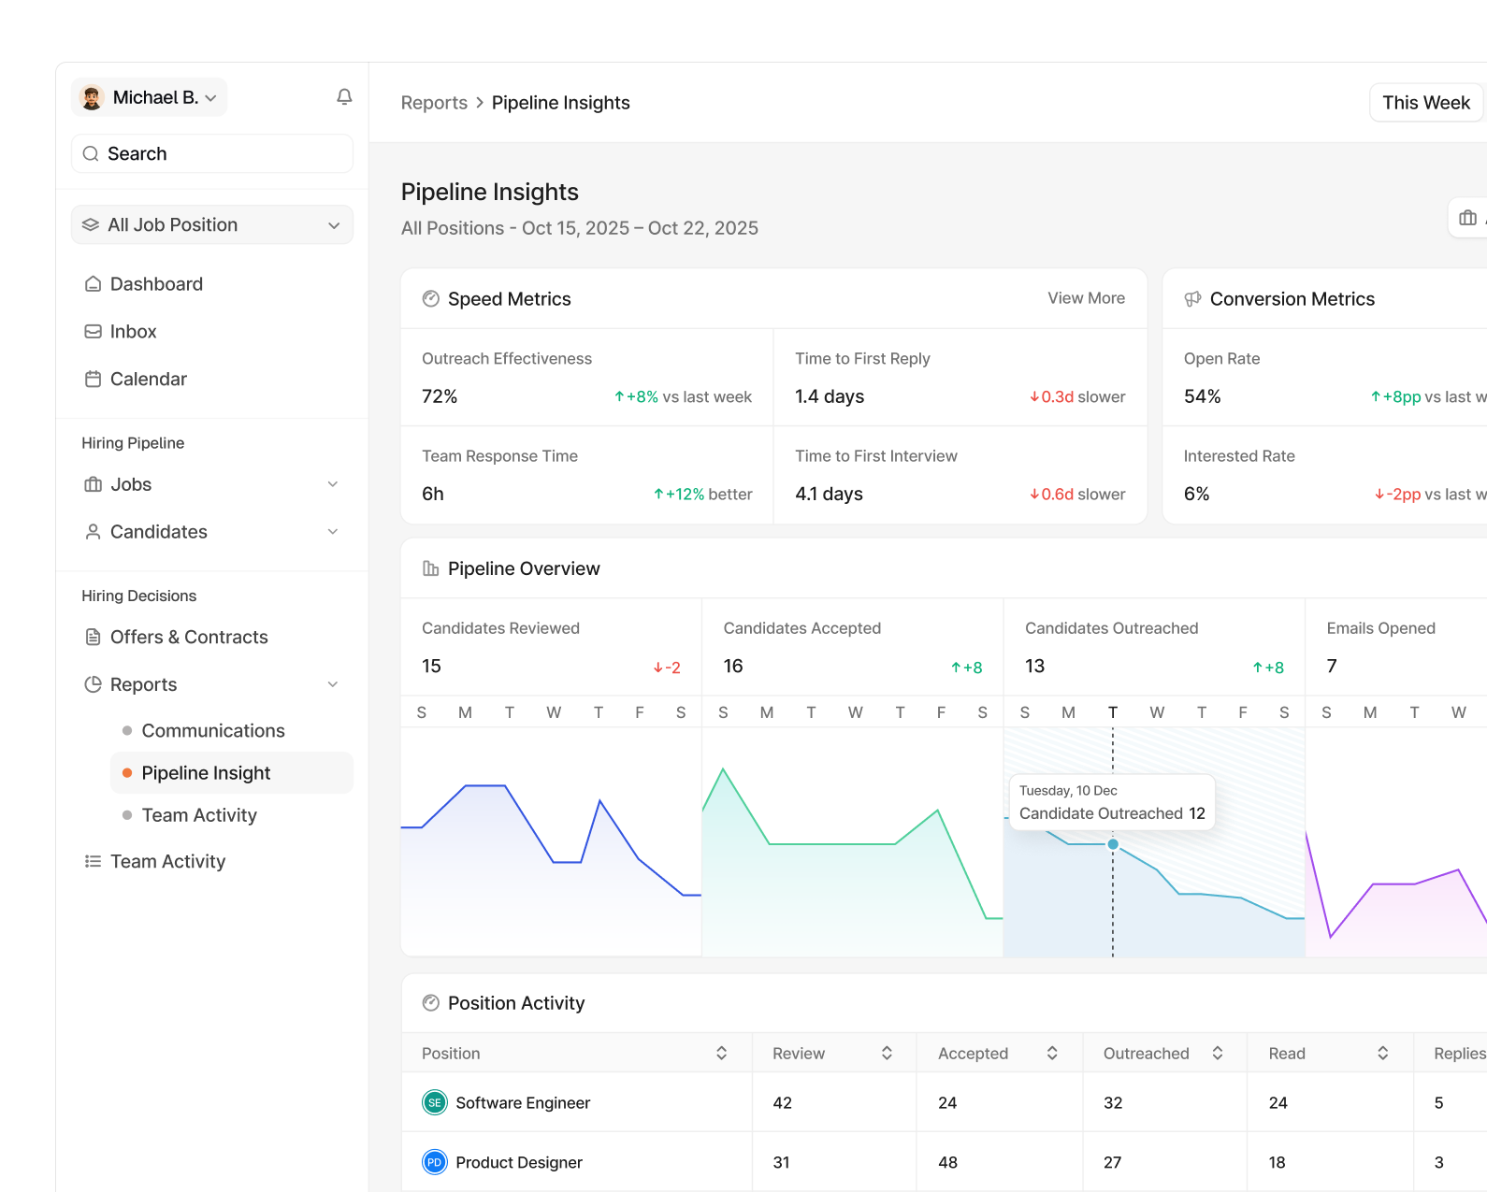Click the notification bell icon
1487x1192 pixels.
point(344,96)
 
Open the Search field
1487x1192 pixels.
point(212,153)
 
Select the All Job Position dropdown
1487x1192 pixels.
point(212,224)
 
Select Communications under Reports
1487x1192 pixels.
point(213,730)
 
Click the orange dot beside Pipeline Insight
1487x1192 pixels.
point(127,772)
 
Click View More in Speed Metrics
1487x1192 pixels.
point(1086,298)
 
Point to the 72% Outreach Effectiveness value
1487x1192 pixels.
point(440,396)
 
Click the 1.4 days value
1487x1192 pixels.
point(830,396)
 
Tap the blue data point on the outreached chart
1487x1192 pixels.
point(1113,843)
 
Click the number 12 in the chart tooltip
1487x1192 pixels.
point(1197,813)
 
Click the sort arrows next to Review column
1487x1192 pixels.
point(887,1053)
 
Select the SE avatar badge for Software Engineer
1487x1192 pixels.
point(435,1102)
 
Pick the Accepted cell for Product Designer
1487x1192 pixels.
point(947,1162)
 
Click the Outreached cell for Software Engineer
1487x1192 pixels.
point(1113,1103)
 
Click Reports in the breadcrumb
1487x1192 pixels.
point(434,102)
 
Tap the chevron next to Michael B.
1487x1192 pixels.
point(211,98)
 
